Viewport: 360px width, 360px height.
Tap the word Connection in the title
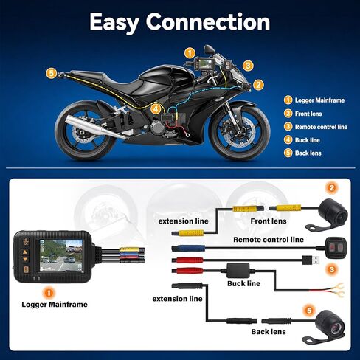[208, 21]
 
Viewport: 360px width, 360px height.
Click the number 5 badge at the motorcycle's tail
[51, 73]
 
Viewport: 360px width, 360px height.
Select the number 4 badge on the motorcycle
[156, 109]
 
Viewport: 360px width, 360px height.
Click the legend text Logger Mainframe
[319, 100]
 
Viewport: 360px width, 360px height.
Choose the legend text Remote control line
[321, 127]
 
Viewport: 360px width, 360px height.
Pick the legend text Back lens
[308, 153]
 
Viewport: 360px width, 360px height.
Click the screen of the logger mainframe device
[61, 255]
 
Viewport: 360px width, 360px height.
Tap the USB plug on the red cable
[311, 260]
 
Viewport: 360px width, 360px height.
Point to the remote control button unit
[336, 247]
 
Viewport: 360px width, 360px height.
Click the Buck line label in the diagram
[243, 283]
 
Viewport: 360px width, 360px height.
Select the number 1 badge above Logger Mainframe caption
[49, 293]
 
